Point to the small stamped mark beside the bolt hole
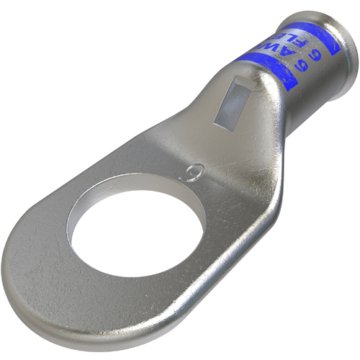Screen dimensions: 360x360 (x=192, y=172)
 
